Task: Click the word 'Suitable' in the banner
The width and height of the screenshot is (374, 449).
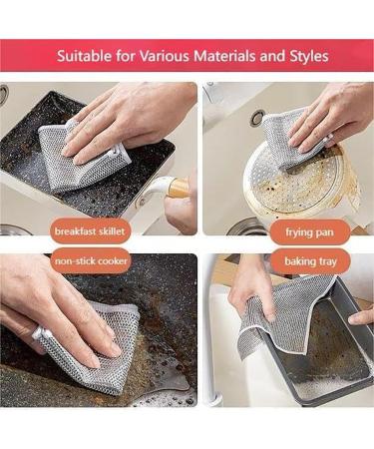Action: click(x=84, y=56)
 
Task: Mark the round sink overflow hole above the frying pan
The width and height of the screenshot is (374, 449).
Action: click(x=257, y=118)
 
